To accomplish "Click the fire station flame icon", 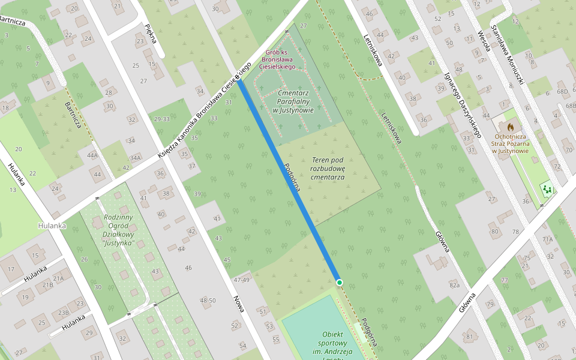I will tap(510, 127).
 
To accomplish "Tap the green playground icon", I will tap(547, 190).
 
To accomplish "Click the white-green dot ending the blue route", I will tap(339, 282).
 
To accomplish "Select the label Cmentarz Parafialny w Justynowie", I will tap(293, 101).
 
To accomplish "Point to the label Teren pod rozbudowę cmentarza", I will tap(328, 169).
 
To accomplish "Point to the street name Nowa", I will tap(239, 304).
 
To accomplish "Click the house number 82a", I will tap(454, 285).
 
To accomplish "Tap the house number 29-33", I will tap(161, 119).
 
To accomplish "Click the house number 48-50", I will tap(208, 300).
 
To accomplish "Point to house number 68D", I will tap(562, 92).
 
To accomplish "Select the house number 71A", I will tap(547, 239).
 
